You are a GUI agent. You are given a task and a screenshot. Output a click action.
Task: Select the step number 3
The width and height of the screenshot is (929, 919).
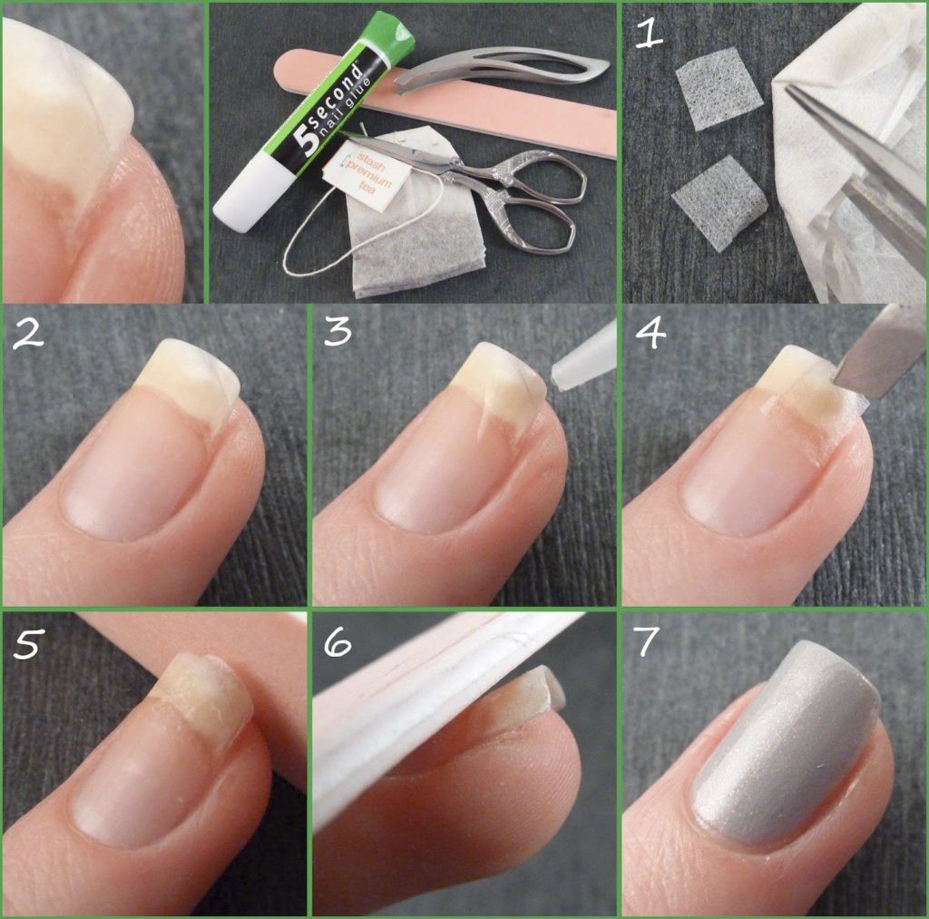[337, 333]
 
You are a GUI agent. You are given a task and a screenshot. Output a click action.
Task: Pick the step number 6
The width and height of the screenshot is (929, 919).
[337, 641]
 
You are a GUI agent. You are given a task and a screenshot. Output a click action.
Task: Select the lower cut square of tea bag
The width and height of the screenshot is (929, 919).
[718, 200]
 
